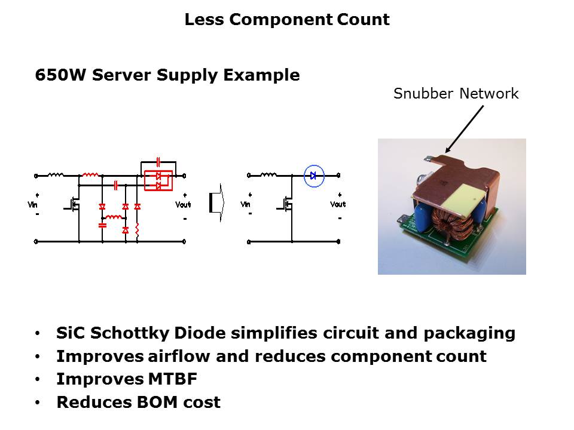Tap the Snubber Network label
pyautogui.click(x=456, y=93)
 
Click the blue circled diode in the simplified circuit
pyautogui.click(x=313, y=176)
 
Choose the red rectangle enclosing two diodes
pyautogui.click(x=158, y=180)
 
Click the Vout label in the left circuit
pyautogui.click(x=183, y=205)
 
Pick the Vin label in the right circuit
pyautogui.click(x=246, y=204)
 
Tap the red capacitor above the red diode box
pyautogui.click(x=158, y=161)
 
